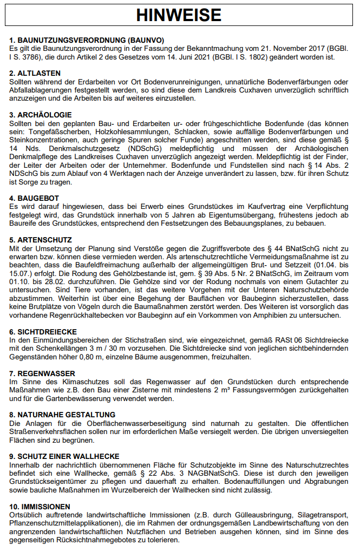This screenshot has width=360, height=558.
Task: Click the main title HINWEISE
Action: click(179, 15)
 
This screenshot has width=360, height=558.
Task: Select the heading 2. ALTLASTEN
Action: click(35, 73)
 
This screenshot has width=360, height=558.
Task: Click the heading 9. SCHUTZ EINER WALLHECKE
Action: click(64, 456)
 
